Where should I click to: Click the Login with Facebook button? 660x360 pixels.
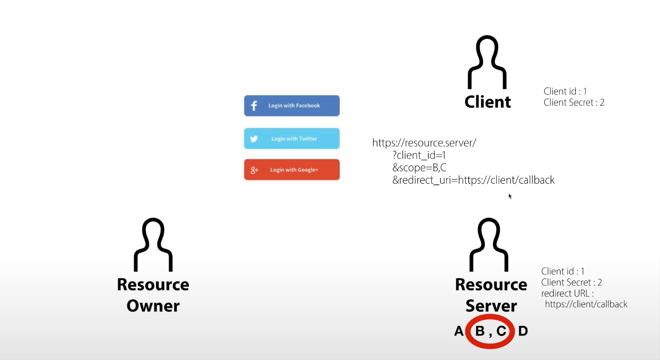pyautogui.click(x=292, y=106)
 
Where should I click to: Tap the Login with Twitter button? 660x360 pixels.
pyautogui.click(x=292, y=138)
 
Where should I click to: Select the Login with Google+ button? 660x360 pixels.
pyautogui.click(x=292, y=170)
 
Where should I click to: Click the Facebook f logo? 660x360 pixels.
pyautogui.click(x=254, y=106)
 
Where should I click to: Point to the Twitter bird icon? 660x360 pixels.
pyautogui.click(x=254, y=139)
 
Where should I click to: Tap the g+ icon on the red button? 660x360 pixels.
pyautogui.click(x=254, y=170)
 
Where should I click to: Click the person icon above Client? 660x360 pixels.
pyautogui.click(x=487, y=62)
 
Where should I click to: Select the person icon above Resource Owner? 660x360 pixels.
pyautogui.click(x=153, y=245)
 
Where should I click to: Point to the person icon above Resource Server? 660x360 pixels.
pyautogui.click(x=489, y=245)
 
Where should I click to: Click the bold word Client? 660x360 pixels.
pyautogui.click(x=488, y=102)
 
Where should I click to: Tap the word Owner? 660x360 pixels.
pyautogui.click(x=153, y=306)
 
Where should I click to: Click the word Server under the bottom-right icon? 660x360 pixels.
pyautogui.click(x=491, y=306)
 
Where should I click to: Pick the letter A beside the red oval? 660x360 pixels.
pyautogui.click(x=459, y=331)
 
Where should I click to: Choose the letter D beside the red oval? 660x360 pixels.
pyautogui.click(x=523, y=331)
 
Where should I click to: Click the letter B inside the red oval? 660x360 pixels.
pyautogui.click(x=480, y=331)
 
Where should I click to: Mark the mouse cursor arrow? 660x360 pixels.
pyautogui.click(x=510, y=196)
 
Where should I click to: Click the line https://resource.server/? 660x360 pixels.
pyautogui.click(x=424, y=143)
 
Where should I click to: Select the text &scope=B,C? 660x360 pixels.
pyautogui.click(x=419, y=168)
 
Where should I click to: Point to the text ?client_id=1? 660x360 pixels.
pyautogui.click(x=419, y=155)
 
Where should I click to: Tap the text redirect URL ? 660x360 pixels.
pyautogui.click(x=567, y=293)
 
